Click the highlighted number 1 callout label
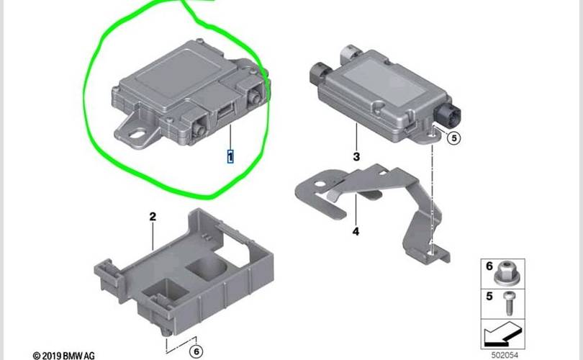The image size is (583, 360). (230, 156)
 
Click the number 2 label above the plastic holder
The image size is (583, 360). (153, 217)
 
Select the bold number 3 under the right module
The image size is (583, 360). (356, 156)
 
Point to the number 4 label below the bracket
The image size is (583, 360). (356, 231)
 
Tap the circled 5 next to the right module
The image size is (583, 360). (453, 138)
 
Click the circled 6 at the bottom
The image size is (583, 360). (196, 351)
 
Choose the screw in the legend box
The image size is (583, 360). (508, 303)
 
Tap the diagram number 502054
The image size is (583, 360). (505, 355)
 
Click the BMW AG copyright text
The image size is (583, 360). (63, 356)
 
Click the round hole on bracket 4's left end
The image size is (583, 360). (320, 184)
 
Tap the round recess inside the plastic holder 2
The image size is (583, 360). (206, 269)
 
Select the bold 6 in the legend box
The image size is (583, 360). (489, 266)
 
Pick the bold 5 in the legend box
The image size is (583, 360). (489, 297)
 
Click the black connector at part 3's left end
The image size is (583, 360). (320, 73)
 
